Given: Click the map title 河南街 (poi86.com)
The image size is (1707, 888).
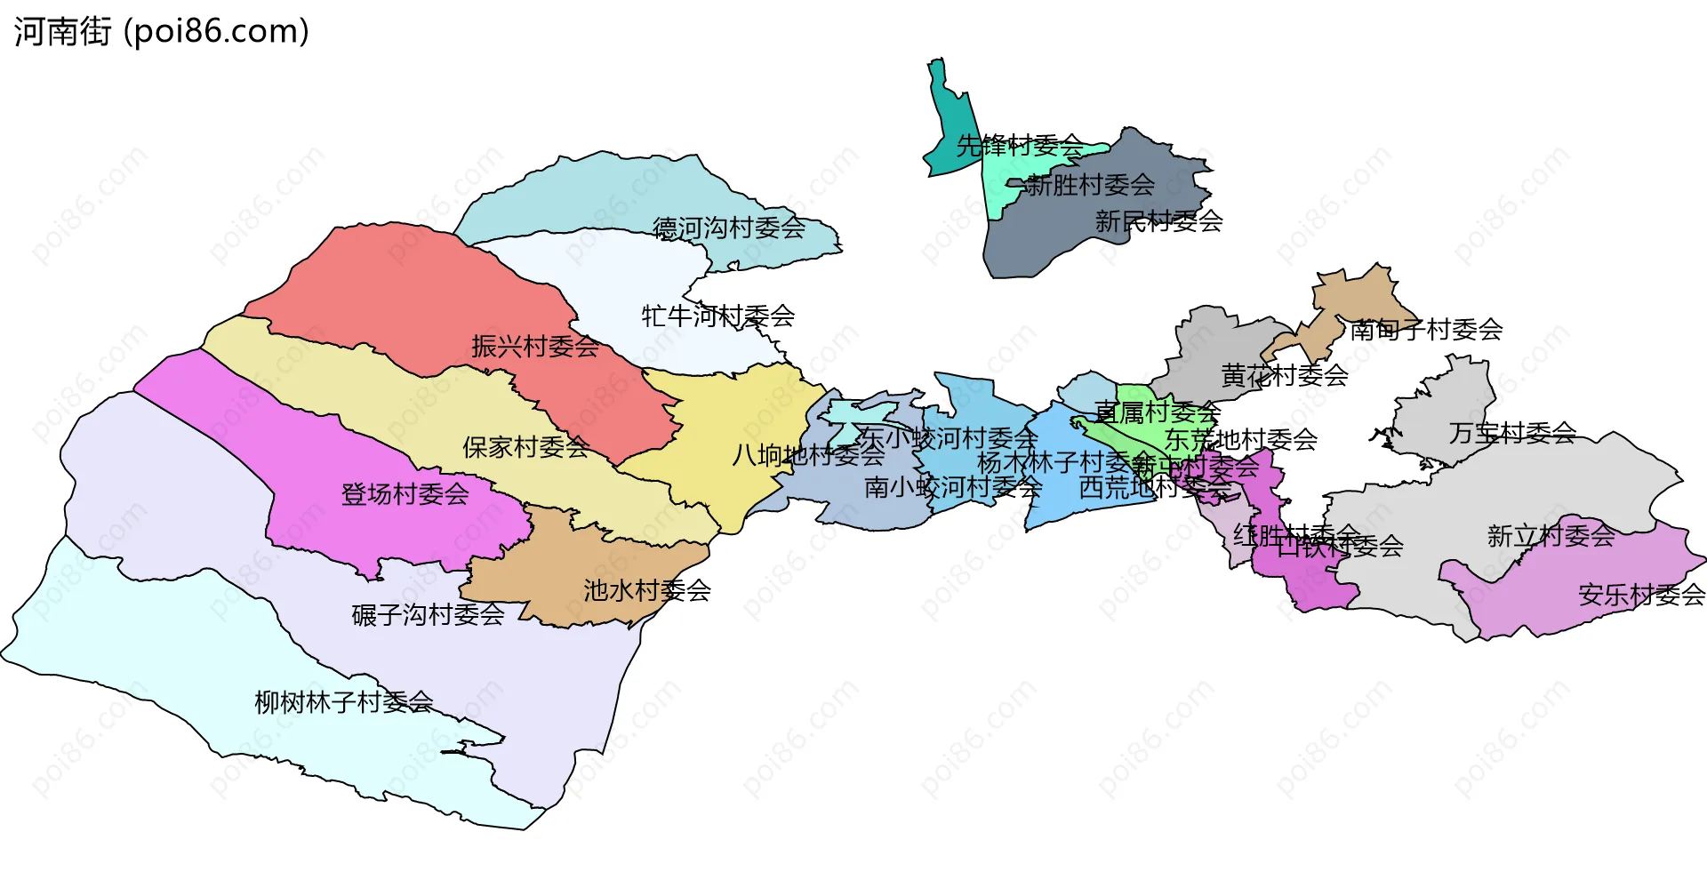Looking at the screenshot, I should click(161, 32).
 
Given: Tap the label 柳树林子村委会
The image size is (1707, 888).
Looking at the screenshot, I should click(343, 703).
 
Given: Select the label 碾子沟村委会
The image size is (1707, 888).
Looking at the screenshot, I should click(428, 614).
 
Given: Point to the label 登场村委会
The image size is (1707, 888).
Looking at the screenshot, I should click(405, 494).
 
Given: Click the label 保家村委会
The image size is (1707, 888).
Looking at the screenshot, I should click(525, 447).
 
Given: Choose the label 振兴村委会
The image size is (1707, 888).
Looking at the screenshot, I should click(534, 347).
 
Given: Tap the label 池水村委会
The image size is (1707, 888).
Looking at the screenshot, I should click(646, 590).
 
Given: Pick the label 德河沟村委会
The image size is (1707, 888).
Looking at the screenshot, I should click(728, 228).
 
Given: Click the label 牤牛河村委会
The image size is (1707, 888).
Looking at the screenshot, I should click(717, 316).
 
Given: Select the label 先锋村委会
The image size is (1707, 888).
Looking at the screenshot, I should click(1019, 145).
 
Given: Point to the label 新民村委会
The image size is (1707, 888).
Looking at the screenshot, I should click(1158, 221).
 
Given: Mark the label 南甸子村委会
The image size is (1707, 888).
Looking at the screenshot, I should click(1425, 330).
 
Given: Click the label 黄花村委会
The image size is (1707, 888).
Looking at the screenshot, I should click(1284, 375).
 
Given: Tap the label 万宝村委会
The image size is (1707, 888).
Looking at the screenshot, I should click(1511, 433).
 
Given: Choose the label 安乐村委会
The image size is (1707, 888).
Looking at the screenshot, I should click(1641, 595).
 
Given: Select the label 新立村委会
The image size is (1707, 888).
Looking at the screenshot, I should click(1551, 536).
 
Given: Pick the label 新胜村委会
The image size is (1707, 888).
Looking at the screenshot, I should click(1090, 185).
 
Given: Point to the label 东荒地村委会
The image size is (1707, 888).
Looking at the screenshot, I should click(1240, 439).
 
